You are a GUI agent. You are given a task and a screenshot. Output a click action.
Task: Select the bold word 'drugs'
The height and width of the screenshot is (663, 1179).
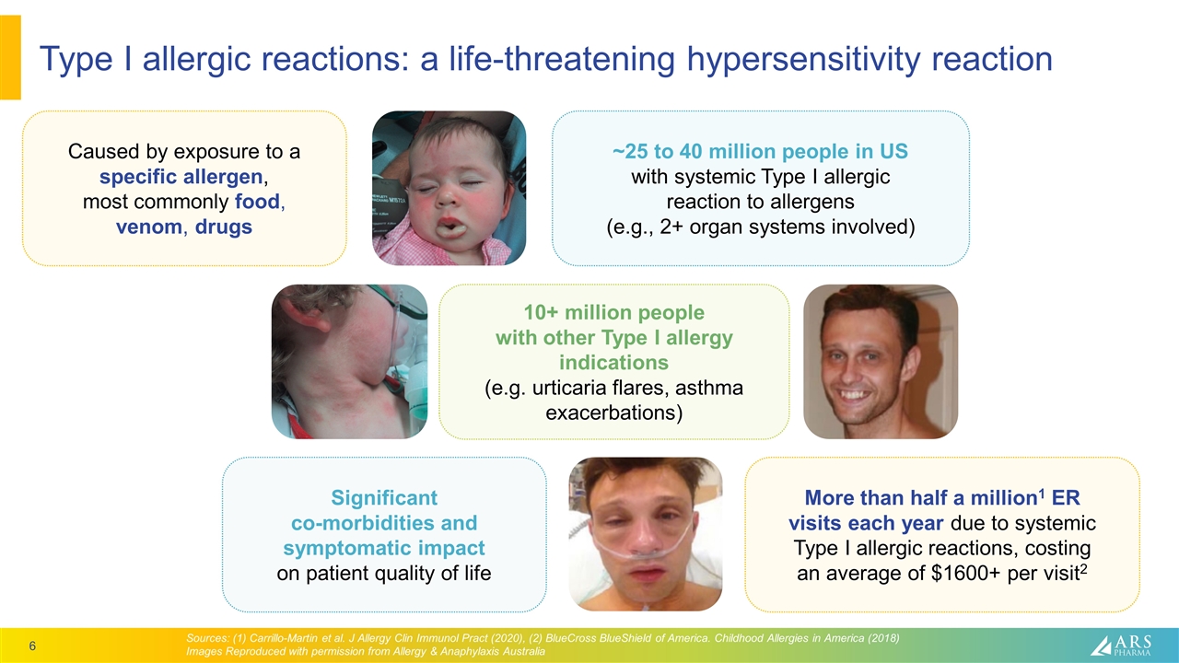pyautogui.click(x=224, y=227)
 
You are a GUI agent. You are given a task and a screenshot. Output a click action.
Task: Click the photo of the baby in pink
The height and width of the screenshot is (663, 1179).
pyautogui.click(x=449, y=188)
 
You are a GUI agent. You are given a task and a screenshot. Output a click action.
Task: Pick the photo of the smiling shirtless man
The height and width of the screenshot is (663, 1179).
pyautogui.click(x=881, y=361)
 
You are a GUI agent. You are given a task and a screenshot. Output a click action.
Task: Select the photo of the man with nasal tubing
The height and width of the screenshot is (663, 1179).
pyautogui.click(x=645, y=534)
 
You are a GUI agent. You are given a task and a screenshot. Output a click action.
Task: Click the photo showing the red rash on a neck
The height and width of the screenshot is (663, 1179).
pyautogui.click(x=349, y=361)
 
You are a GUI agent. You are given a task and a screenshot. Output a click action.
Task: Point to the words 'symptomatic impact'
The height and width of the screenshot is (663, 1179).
pyautogui.click(x=384, y=549)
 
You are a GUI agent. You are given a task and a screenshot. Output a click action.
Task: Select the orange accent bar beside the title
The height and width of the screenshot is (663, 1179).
pyautogui.click(x=10, y=57)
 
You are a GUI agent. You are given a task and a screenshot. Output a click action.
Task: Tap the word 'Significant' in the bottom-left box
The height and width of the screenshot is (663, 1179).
pyautogui.click(x=384, y=498)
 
